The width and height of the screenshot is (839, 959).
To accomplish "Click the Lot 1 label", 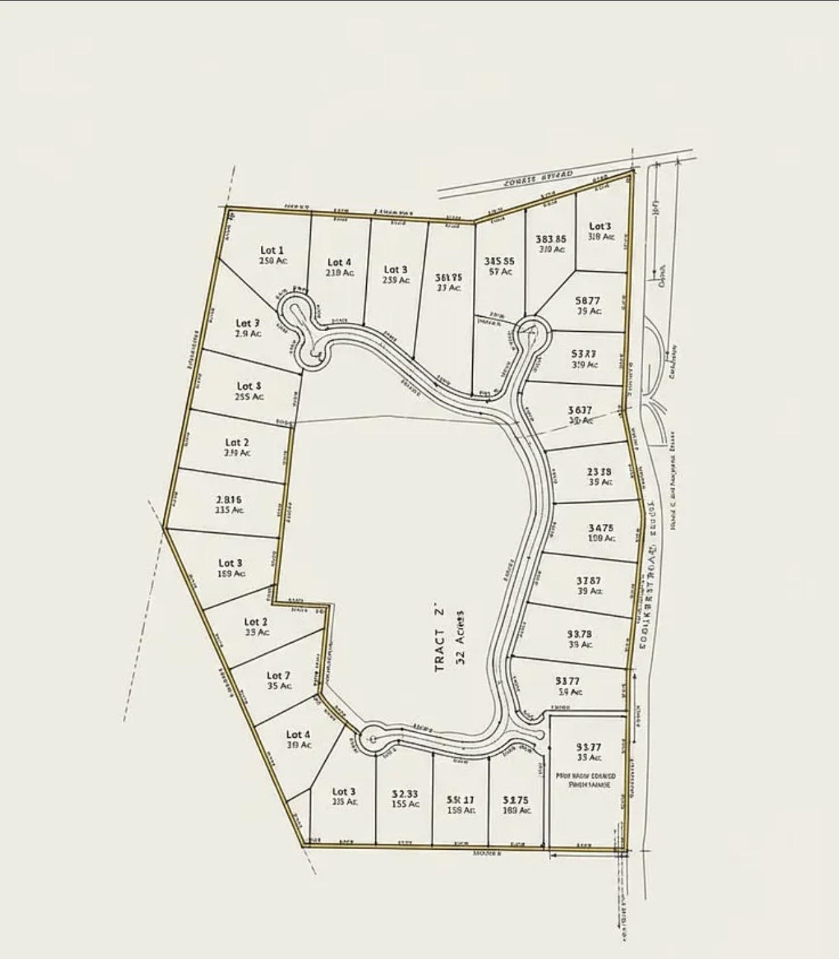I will click(272, 250).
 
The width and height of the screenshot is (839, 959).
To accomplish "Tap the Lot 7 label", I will click(278, 675).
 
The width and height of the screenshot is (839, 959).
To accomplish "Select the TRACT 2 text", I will click(440, 641).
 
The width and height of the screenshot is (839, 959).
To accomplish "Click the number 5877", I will click(588, 301).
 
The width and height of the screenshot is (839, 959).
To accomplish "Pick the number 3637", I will click(580, 410).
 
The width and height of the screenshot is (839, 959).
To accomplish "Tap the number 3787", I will click(588, 580).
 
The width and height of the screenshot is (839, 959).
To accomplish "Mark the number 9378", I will click(579, 634).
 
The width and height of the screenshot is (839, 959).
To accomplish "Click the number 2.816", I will click(229, 500).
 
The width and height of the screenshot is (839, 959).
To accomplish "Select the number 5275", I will click(516, 800).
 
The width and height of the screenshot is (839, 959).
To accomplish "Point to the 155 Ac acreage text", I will click(405, 804).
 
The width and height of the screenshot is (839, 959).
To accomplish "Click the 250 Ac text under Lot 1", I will click(273, 260).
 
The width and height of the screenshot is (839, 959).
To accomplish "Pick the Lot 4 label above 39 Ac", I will click(298, 734).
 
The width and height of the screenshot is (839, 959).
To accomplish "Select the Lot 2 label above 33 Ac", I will click(256, 622).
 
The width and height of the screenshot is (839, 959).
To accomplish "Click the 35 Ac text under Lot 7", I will click(280, 686).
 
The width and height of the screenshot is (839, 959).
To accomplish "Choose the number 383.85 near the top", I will click(551, 239).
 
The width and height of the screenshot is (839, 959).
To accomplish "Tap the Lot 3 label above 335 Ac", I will click(344, 791).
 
